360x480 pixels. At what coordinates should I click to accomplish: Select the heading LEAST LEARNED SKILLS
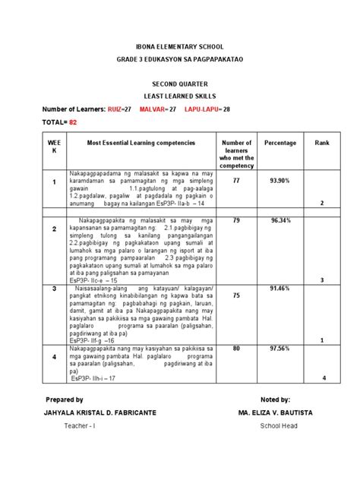(180, 96)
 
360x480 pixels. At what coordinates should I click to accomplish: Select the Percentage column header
(280, 143)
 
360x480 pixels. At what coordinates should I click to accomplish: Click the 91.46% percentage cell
(280, 289)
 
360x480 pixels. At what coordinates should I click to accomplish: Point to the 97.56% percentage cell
(280, 349)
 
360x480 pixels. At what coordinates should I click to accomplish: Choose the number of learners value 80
(237, 349)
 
